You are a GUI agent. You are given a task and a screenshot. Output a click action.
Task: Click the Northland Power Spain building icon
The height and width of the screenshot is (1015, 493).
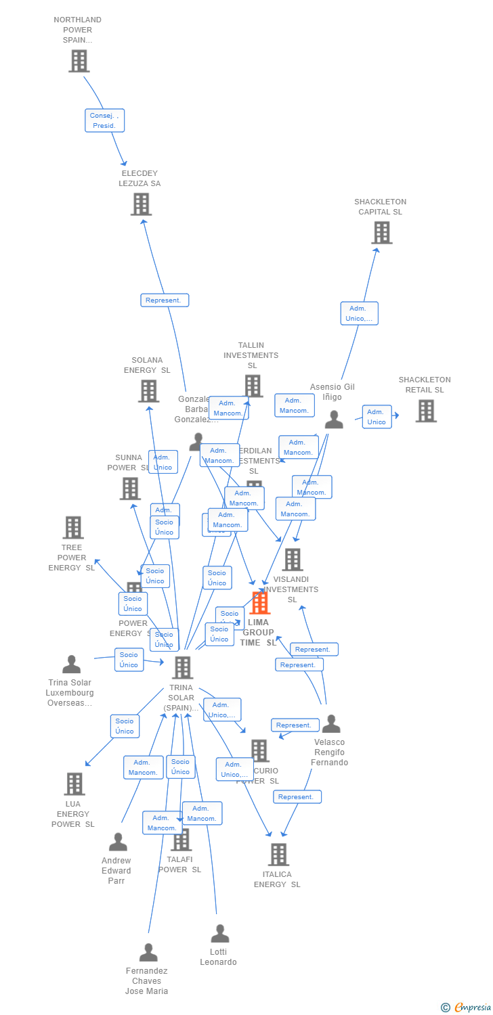coord(79,61)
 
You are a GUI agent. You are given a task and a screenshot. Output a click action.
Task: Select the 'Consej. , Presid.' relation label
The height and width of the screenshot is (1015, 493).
coord(104,120)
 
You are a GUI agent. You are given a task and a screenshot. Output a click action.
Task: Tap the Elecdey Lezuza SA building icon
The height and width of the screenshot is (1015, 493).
coord(141,204)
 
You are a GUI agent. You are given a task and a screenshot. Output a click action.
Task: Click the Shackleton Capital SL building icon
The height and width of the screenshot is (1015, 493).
coord(381,232)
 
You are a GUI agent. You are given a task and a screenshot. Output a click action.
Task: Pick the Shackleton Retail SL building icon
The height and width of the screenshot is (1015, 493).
coord(425,411)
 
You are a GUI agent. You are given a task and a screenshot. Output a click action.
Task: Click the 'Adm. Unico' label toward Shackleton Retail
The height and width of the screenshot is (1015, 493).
coord(377,417)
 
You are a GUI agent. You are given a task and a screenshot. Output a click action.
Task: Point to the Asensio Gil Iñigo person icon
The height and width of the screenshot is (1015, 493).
coord(334,420)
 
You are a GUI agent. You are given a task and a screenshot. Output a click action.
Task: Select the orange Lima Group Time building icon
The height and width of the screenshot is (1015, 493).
coord(259,602)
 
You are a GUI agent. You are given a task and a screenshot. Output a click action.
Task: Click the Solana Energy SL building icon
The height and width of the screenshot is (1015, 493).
coord(148,390)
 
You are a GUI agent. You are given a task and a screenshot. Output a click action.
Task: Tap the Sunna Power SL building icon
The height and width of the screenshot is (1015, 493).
coord(130,488)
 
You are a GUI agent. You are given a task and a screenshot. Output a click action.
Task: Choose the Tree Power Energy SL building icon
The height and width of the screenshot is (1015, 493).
coord(72,527)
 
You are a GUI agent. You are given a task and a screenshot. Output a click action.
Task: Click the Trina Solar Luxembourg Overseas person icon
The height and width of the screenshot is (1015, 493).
coord(71,664)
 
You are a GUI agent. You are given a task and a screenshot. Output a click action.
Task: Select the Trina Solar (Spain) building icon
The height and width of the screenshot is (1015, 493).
coord(182,667)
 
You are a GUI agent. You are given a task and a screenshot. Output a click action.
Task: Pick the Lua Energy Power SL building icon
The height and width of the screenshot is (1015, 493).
coord(74,784)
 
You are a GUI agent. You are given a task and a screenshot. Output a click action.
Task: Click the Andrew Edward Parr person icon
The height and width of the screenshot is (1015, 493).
coord(118,842)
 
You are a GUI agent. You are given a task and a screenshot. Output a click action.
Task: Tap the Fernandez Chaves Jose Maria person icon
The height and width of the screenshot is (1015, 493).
coord(148,953)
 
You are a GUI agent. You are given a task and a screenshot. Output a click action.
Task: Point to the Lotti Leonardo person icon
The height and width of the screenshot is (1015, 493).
coord(219,934)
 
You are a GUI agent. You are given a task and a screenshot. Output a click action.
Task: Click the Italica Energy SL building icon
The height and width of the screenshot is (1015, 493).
coord(278,854)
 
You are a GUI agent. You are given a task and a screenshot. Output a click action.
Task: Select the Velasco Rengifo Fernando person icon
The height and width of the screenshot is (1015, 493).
coord(330,724)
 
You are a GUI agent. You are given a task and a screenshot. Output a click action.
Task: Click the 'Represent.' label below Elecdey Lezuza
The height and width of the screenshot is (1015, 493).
coord(165,300)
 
